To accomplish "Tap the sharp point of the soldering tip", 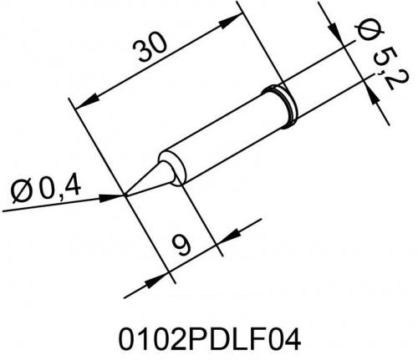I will [126, 196].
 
